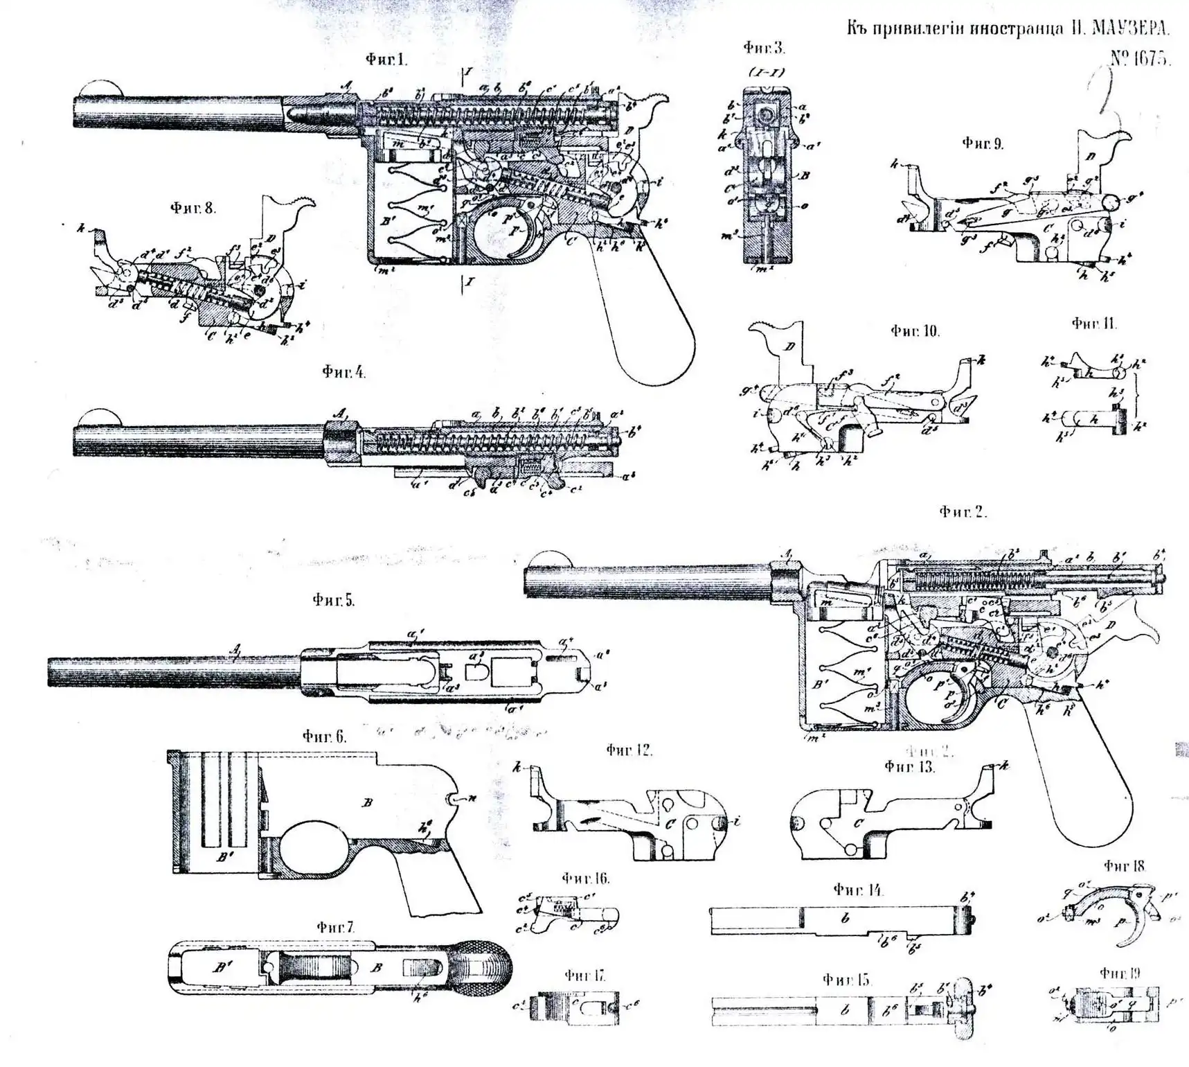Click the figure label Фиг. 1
386,60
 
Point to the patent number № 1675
1140,58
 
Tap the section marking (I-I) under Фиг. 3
765,71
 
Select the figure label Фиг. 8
193,207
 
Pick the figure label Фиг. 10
915,331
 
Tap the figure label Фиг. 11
1094,323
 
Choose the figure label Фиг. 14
858,890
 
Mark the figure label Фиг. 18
1125,865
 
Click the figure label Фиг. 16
585,879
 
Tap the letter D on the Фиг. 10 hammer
789,346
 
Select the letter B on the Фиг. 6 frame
368,802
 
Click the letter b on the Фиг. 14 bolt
844,919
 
